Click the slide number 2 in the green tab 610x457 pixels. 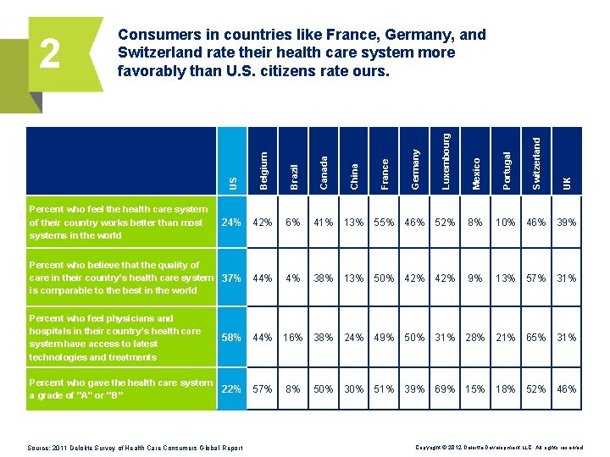pos(50,55)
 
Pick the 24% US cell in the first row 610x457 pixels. pos(231,223)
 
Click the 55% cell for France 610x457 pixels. pos(384,223)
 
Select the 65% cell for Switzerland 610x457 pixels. pos(536,338)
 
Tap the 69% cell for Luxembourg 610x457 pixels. pos(445,389)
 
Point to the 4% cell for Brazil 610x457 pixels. pos(293,278)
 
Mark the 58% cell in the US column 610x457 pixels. pos(231,338)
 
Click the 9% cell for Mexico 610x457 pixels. pos(475,278)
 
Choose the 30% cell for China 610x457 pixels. pos(353,389)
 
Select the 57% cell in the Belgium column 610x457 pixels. pos(263,389)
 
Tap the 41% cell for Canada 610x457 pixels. pos(323,223)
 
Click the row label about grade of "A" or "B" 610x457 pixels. pos(119,389)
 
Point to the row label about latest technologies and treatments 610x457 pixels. pos(114,338)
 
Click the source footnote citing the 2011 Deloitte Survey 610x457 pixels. pos(136,448)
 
